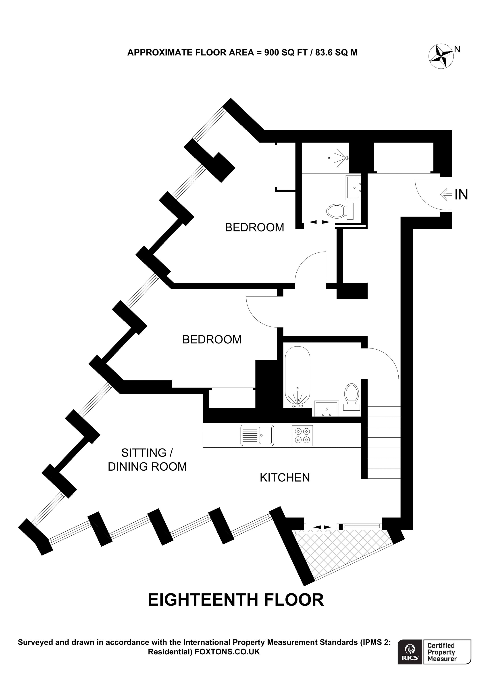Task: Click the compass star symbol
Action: pos(441,57)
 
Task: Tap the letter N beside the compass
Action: pos(458,49)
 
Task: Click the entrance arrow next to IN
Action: pos(446,194)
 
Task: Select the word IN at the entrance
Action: pos(461,195)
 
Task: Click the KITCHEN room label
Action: pos(285,478)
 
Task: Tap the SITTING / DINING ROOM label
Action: pos(147,460)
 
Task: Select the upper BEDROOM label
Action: pos(254,227)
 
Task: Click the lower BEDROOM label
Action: pos(212,340)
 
